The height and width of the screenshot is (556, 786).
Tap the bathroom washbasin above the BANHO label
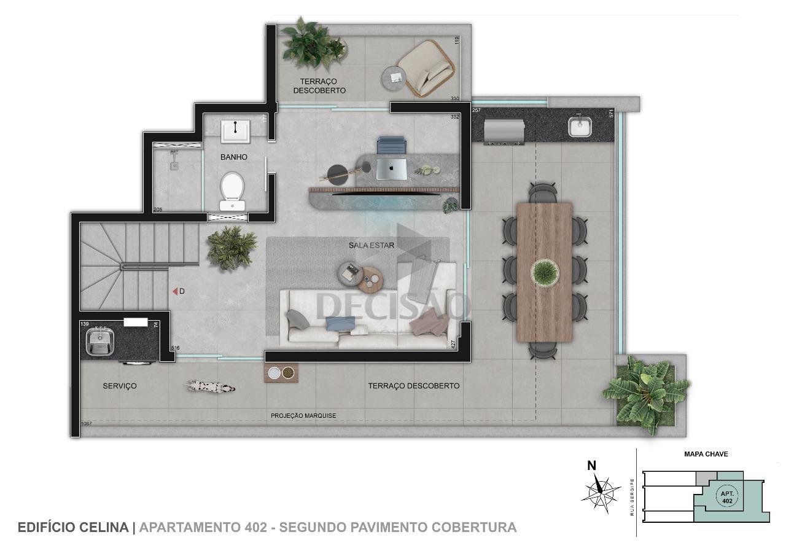pyautogui.click(x=235, y=131)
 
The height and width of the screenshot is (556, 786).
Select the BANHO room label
pyautogui.click(x=234, y=157)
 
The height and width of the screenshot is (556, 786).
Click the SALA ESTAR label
pyautogui.click(x=372, y=245)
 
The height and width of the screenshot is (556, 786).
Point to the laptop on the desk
pyautogui.click(x=391, y=168)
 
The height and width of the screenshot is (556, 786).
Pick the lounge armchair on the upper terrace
pyautogui.click(x=427, y=68)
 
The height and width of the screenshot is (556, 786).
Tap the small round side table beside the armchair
pyautogui.click(x=395, y=77)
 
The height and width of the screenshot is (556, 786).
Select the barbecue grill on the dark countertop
pyautogui.click(x=504, y=133)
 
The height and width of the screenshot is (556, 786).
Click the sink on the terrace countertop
pyautogui.click(x=579, y=127)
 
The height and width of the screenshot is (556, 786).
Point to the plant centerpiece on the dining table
pyautogui.click(x=545, y=272)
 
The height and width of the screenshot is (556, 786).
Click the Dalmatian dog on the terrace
pyautogui.click(x=211, y=386)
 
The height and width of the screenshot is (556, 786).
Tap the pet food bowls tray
pyautogui.click(x=281, y=373)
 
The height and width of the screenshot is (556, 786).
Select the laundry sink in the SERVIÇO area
pyautogui.click(x=99, y=342)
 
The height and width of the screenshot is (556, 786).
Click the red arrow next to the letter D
pyautogui.click(x=174, y=291)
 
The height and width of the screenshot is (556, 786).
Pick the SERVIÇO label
pyautogui.click(x=120, y=386)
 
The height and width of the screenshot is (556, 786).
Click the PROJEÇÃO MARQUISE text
pyautogui.click(x=303, y=416)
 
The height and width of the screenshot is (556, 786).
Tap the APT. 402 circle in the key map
pyautogui.click(x=727, y=496)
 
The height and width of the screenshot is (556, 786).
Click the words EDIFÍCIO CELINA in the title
pyautogui.click(x=73, y=527)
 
